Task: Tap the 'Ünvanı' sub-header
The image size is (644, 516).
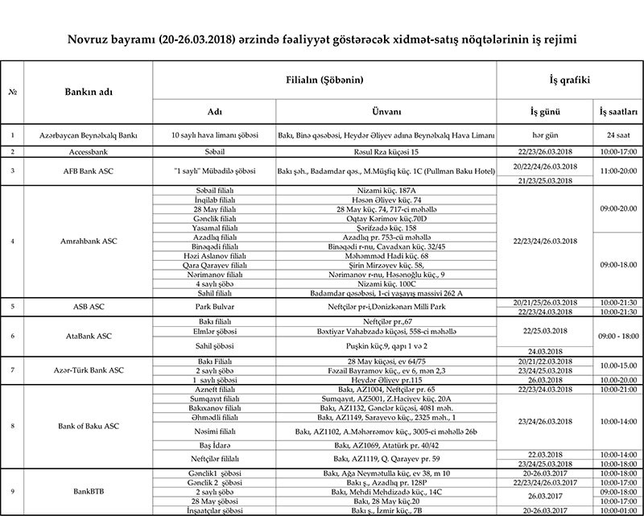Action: click(387, 110)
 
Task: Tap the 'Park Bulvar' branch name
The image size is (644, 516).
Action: click(208, 307)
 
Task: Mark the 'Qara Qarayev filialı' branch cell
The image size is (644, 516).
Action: click(208, 263)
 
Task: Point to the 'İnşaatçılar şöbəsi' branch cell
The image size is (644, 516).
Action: click(208, 509)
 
